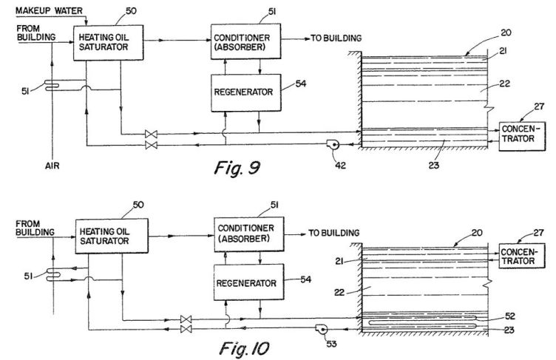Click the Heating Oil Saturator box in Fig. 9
pos(109,43)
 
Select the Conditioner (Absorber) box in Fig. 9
pos(245,41)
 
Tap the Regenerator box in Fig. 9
pos(246,92)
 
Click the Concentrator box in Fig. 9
pos(522,137)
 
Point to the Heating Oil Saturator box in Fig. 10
pos(112,236)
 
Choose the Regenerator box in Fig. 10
pos(249,282)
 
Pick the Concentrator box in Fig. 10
pos(521,256)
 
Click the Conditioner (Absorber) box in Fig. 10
pos(249,234)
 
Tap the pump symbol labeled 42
pos(333,144)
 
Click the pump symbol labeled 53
pos(322,329)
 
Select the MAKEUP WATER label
pos(49,10)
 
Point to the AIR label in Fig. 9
pos(52,166)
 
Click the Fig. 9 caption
pos(237,167)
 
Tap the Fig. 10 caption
pos(244,348)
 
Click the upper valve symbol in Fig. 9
pos(151,134)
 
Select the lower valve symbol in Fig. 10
pos(186,329)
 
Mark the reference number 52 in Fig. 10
pos(509,316)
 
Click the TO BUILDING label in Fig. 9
pos(336,38)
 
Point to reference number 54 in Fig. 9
pos(301,84)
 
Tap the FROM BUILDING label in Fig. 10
pos(35,228)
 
